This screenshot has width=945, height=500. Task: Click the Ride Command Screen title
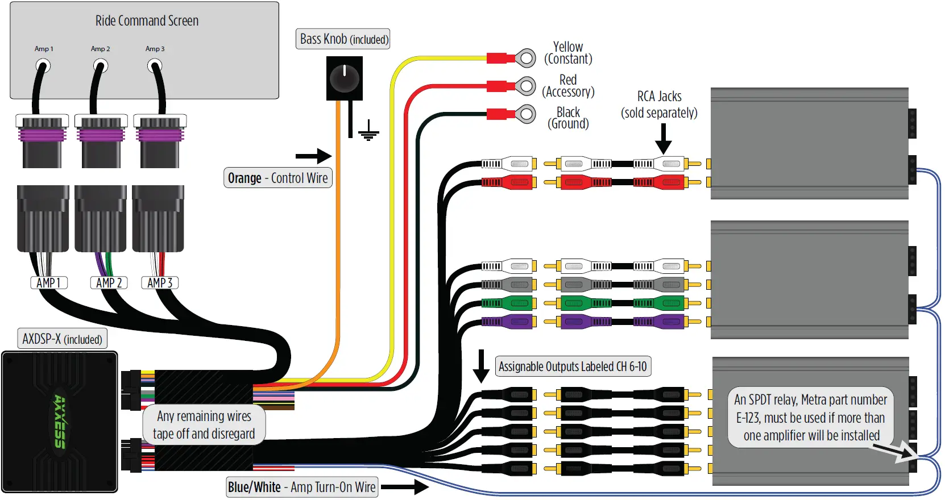147,21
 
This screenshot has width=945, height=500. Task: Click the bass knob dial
344,78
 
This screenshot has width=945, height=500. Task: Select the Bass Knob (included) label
343,39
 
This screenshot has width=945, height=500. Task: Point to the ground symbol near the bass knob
368,131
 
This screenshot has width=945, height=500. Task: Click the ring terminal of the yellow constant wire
526,58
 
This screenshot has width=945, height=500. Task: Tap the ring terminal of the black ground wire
526,114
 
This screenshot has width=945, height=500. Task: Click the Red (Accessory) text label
568,86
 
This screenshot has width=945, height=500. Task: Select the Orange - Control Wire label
277,178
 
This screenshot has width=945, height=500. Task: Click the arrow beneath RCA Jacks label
663,139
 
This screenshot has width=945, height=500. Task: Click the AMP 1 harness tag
48,282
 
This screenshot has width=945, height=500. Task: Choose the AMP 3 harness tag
160,282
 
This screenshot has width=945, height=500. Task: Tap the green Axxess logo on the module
60,421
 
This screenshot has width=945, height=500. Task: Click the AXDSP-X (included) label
62,339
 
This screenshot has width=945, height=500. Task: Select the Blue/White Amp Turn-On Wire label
302,487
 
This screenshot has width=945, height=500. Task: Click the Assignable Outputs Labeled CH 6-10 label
573,366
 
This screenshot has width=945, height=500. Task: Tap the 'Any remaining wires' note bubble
204,424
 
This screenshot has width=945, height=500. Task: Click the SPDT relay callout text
811,418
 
